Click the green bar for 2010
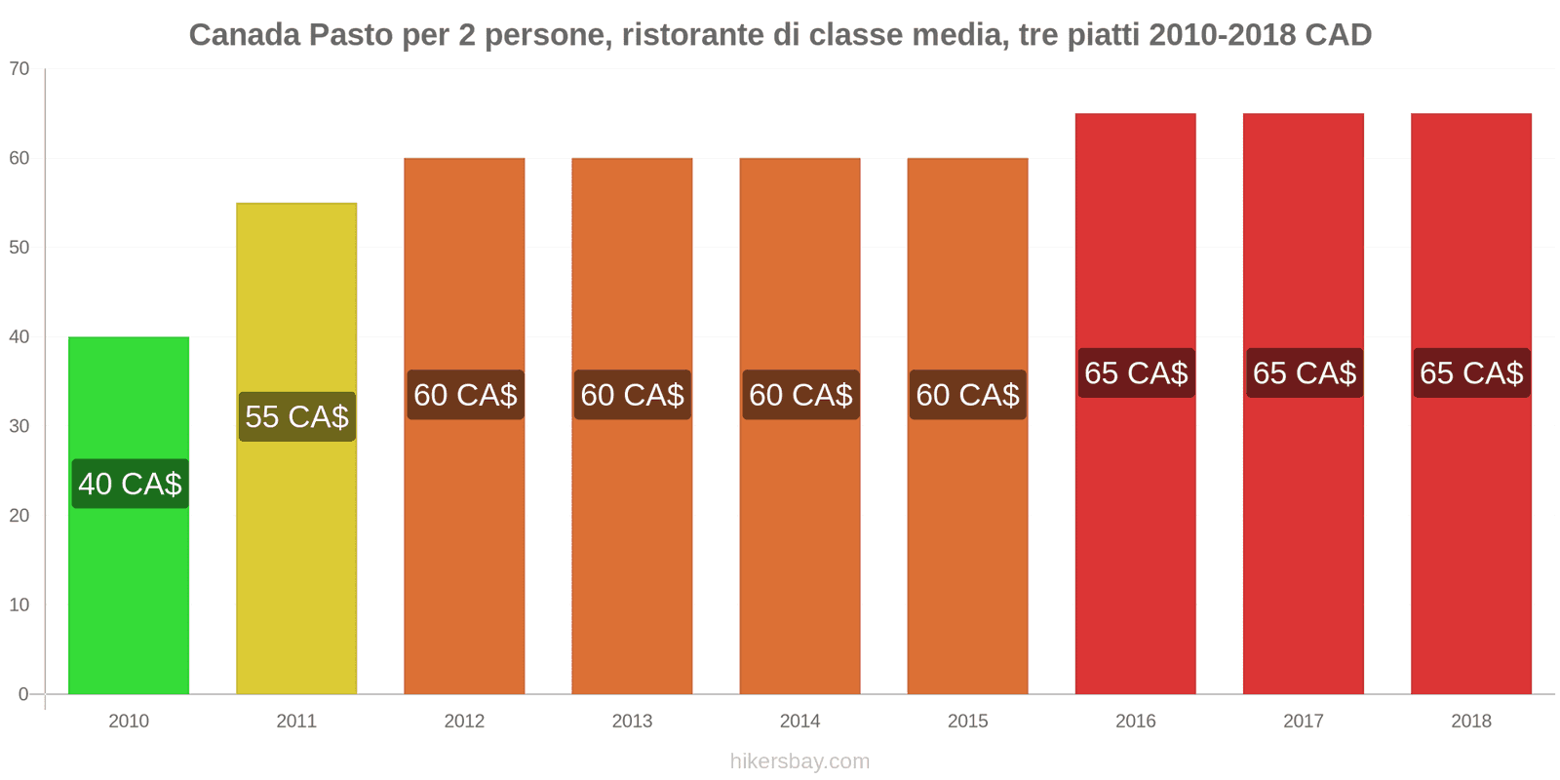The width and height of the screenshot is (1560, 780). coord(129,585)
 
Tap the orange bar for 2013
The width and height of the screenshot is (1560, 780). coord(632,546)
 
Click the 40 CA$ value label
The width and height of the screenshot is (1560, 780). coord(130,484)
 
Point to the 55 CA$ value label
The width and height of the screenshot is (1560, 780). coord(296,417)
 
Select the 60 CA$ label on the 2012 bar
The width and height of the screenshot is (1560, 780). coord(465,395)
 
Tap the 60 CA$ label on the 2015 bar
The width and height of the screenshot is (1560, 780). coord(967,395)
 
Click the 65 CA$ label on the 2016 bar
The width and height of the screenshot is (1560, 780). coord(1136,372)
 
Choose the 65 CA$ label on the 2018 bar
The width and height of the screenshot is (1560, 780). coord(1471,372)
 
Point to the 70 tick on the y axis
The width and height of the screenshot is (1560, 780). coord(19,69)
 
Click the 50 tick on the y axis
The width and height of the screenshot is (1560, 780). coord(19,248)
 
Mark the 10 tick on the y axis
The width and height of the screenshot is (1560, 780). coord(19,605)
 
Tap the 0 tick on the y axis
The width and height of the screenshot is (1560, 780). coord(23,694)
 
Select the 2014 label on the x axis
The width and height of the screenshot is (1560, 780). coord(799,721)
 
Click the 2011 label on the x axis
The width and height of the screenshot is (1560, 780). coord(296,721)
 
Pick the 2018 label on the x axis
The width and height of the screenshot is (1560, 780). coord(1471,721)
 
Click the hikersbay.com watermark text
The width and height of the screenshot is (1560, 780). coord(799,761)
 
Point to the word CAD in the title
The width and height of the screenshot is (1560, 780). coord(1339,35)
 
